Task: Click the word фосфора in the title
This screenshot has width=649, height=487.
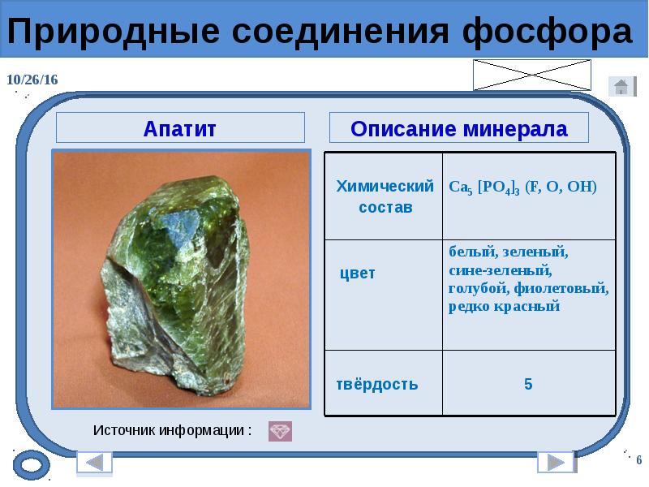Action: point(547,32)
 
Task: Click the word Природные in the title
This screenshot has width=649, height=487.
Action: point(113,32)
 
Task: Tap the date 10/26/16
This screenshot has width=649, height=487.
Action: point(32,80)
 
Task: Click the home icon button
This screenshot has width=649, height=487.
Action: point(622,87)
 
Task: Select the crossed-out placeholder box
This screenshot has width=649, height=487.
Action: point(532,75)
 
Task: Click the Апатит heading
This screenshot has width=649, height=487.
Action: point(179,129)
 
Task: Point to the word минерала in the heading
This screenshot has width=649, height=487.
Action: point(515,129)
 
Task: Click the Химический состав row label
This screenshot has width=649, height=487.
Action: point(385,196)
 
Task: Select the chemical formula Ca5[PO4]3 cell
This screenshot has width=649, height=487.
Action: point(522,187)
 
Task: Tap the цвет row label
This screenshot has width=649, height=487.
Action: point(358,274)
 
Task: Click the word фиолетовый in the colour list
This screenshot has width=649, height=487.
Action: point(561,288)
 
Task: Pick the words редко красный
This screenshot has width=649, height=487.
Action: point(504,307)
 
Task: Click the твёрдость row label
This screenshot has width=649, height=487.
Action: point(377,384)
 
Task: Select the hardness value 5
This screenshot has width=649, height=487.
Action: point(528,384)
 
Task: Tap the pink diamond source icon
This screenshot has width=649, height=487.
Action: point(280,431)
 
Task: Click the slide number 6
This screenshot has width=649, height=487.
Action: point(639,460)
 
